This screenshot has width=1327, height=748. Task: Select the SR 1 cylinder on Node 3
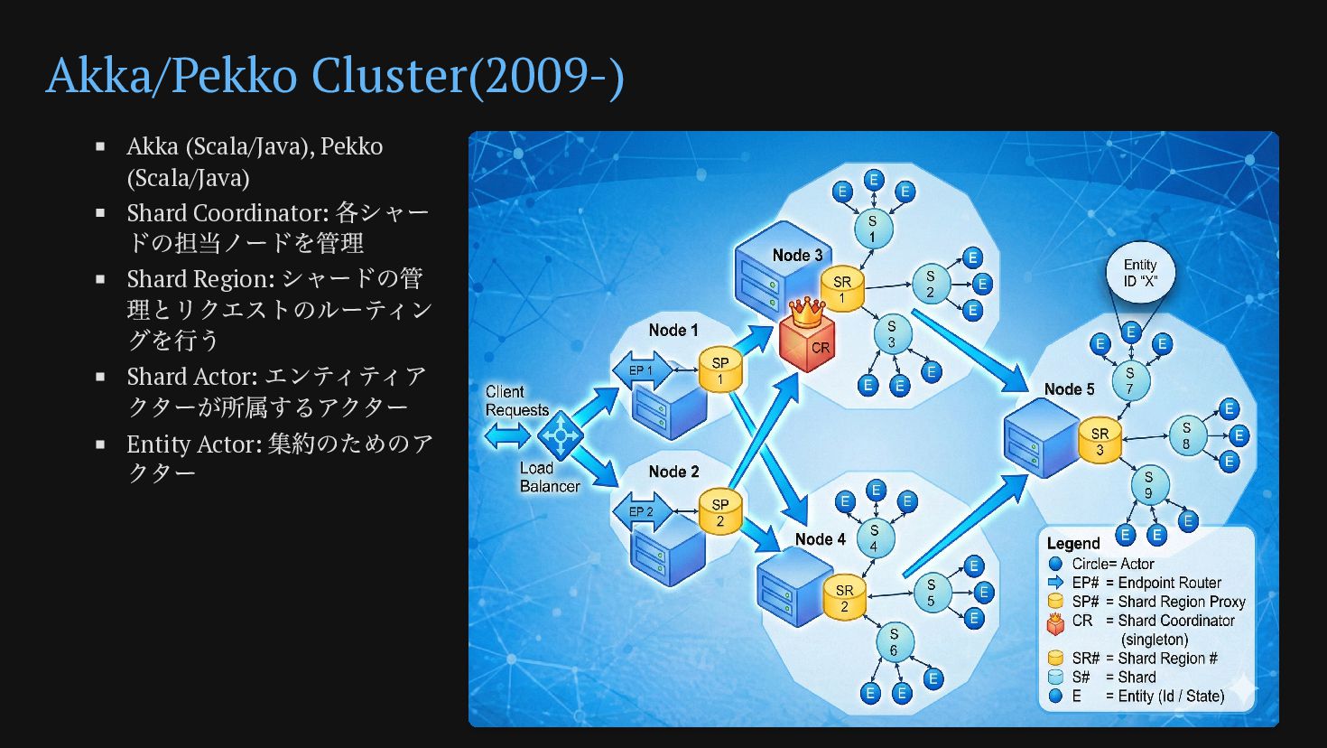(842, 289)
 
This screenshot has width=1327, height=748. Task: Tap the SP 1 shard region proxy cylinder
(719, 369)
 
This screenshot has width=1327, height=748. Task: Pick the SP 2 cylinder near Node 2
(719, 512)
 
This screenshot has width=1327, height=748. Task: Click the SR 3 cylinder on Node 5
(1100, 441)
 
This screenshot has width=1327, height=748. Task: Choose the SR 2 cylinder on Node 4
(844, 597)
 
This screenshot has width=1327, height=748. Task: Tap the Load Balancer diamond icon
(561, 436)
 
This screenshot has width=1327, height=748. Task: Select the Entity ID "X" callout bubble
(1140, 273)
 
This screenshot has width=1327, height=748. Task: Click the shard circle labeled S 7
(1129, 380)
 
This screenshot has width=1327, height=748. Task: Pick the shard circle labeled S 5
(931, 593)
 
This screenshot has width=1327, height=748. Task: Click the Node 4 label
(820, 539)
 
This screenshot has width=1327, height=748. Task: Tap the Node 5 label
(1069, 389)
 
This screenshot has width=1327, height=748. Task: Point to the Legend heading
(1073, 543)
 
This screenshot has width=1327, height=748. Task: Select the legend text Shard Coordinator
(1175, 621)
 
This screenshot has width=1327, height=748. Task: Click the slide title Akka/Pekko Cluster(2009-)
(335, 75)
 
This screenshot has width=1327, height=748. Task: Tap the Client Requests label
(516, 400)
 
